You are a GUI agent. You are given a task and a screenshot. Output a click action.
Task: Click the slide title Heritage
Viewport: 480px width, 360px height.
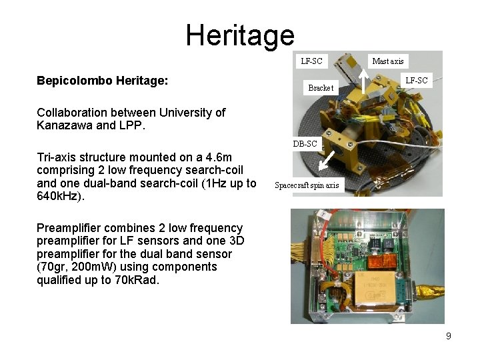(239, 35)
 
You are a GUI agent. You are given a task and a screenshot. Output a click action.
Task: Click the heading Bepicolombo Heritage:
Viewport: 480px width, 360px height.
(102, 81)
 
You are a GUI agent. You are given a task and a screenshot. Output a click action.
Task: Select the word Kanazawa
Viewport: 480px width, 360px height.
(64, 125)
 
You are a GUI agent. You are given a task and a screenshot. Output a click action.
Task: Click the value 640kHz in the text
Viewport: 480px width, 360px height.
(60, 197)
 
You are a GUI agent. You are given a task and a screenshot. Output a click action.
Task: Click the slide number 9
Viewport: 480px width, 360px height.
(448, 336)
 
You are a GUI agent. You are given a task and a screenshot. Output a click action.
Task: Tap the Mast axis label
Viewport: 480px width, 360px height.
(387, 61)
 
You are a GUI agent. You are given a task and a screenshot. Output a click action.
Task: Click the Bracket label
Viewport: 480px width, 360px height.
(321, 88)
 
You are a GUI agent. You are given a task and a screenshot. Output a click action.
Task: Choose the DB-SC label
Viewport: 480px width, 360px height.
(305, 143)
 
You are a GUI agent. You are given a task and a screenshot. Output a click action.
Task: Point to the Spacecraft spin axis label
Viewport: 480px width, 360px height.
(307, 185)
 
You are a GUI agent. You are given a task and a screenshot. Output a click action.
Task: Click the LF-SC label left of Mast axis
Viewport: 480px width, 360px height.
(311, 61)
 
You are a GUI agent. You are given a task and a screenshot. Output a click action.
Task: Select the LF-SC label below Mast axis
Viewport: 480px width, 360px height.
(417, 81)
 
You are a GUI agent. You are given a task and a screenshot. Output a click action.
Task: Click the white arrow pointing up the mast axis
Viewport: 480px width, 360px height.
(362, 82)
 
